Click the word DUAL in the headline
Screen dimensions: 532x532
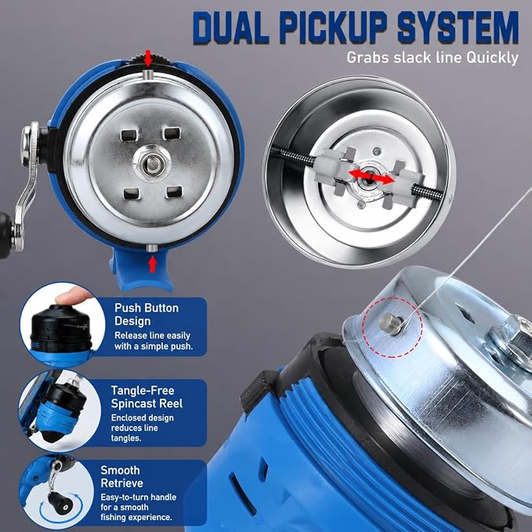(230, 28)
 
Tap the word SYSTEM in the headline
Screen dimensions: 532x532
(458, 28)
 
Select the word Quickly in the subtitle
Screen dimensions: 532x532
(492, 58)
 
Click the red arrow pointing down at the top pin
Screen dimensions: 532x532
(148, 58)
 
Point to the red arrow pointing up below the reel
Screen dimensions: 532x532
(153, 264)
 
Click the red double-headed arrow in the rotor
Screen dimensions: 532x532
(371, 176)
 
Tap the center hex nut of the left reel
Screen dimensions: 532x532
(152, 163)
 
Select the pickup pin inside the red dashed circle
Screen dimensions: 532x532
(390, 324)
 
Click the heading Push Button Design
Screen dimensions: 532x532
(147, 314)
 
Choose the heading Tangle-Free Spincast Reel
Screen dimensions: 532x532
(147, 397)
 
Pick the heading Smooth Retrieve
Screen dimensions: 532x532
(121, 476)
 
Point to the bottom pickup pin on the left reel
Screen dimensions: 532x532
(152, 248)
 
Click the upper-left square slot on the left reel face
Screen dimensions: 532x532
(129, 136)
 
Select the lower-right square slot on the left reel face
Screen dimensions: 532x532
(174, 192)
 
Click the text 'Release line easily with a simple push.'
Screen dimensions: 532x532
(154, 341)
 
